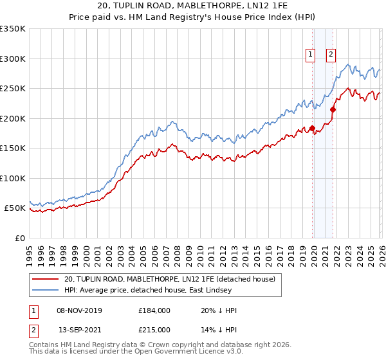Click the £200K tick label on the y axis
(13, 118)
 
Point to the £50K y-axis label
(15, 208)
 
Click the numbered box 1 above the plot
(311, 55)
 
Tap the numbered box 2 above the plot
(331, 55)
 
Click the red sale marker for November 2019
(312, 128)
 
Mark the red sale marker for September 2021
(333, 110)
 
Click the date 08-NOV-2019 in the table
(80, 310)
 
